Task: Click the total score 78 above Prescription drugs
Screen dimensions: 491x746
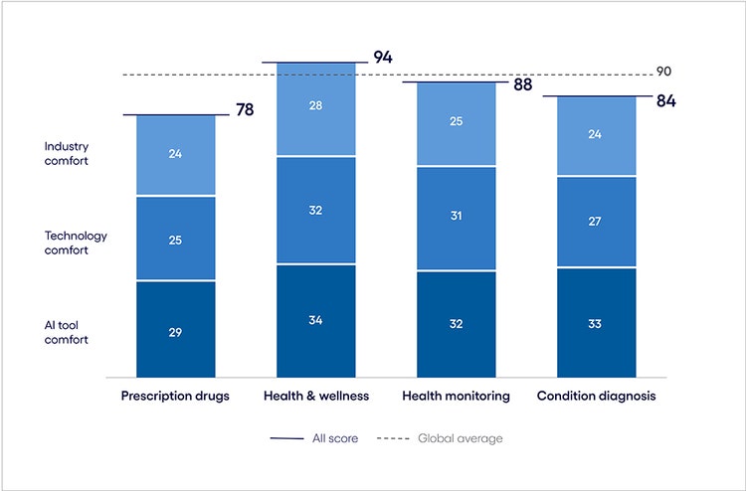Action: coord(245,109)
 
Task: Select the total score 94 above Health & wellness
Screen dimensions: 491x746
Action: coord(382,57)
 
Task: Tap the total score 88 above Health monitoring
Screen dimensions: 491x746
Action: coord(522,84)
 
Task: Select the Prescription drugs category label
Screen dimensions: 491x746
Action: coord(175,396)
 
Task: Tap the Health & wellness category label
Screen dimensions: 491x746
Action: coord(316,396)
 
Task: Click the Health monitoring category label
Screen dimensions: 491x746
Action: coord(456,396)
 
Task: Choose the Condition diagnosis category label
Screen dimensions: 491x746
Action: coord(596,396)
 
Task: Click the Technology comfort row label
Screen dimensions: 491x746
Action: coord(76,243)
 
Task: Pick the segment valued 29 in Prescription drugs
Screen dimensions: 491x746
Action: coord(175,330)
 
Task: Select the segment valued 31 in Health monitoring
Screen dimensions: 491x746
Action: coord(456,218)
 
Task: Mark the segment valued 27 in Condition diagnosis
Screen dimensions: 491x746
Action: coord(596,222)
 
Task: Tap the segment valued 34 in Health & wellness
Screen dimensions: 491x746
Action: coord(315,321)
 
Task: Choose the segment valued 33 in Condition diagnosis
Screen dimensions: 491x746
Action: coord(596,323)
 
